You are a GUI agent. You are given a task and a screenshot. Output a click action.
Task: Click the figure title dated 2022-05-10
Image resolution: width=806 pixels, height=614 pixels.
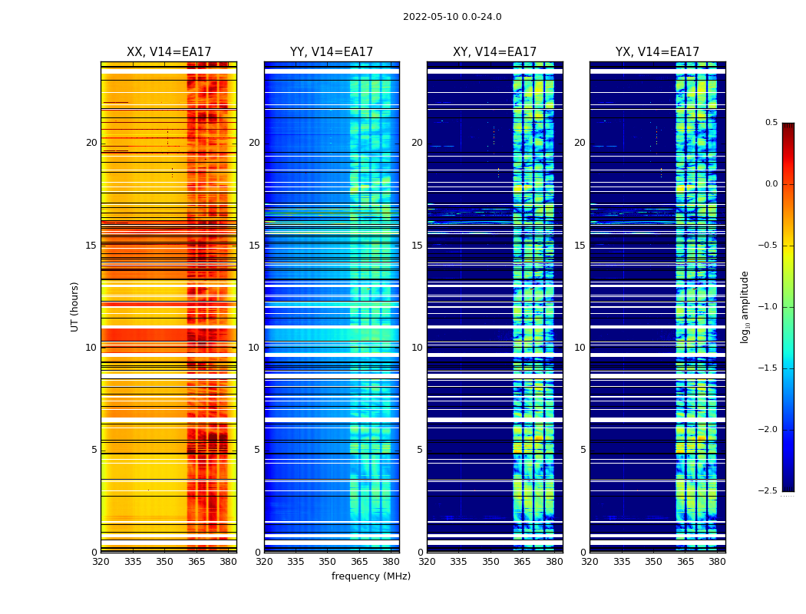pos(452,17)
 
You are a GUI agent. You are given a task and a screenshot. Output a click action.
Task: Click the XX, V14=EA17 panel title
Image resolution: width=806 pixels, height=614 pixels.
pos(169,52)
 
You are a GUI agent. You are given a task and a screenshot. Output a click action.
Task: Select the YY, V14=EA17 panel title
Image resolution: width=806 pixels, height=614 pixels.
pos(332,52)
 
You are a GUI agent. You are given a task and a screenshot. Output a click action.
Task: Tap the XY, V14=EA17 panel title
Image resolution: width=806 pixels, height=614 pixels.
pos(494,52)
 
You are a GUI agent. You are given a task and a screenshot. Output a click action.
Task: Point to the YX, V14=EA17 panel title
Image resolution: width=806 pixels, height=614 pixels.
pos(657,52)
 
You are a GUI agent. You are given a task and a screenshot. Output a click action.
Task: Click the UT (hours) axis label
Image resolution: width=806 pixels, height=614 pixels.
pos(75,306)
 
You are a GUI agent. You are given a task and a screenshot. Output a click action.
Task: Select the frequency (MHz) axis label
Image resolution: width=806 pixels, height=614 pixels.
pos(371,576)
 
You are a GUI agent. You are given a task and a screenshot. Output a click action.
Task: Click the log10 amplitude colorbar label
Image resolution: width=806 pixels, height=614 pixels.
pos(745,306)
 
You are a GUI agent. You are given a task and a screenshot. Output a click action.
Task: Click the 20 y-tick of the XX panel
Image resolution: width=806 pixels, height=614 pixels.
pos(91,143)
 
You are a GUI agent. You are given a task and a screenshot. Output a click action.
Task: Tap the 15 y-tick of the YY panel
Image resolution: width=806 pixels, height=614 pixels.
pos(254,246)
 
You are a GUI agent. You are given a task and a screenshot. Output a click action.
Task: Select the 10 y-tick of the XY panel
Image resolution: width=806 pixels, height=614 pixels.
pos(417,348)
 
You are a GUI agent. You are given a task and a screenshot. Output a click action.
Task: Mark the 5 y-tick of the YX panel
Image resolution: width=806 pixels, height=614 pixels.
pos(583,450)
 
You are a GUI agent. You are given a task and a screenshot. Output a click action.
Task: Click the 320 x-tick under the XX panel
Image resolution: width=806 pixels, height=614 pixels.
pos(101,562)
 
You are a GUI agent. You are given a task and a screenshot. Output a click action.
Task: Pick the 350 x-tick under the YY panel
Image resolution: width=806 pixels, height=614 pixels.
pos(328,562)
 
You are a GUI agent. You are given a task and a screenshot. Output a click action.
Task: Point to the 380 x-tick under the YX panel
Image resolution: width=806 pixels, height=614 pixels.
pos(717,562)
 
